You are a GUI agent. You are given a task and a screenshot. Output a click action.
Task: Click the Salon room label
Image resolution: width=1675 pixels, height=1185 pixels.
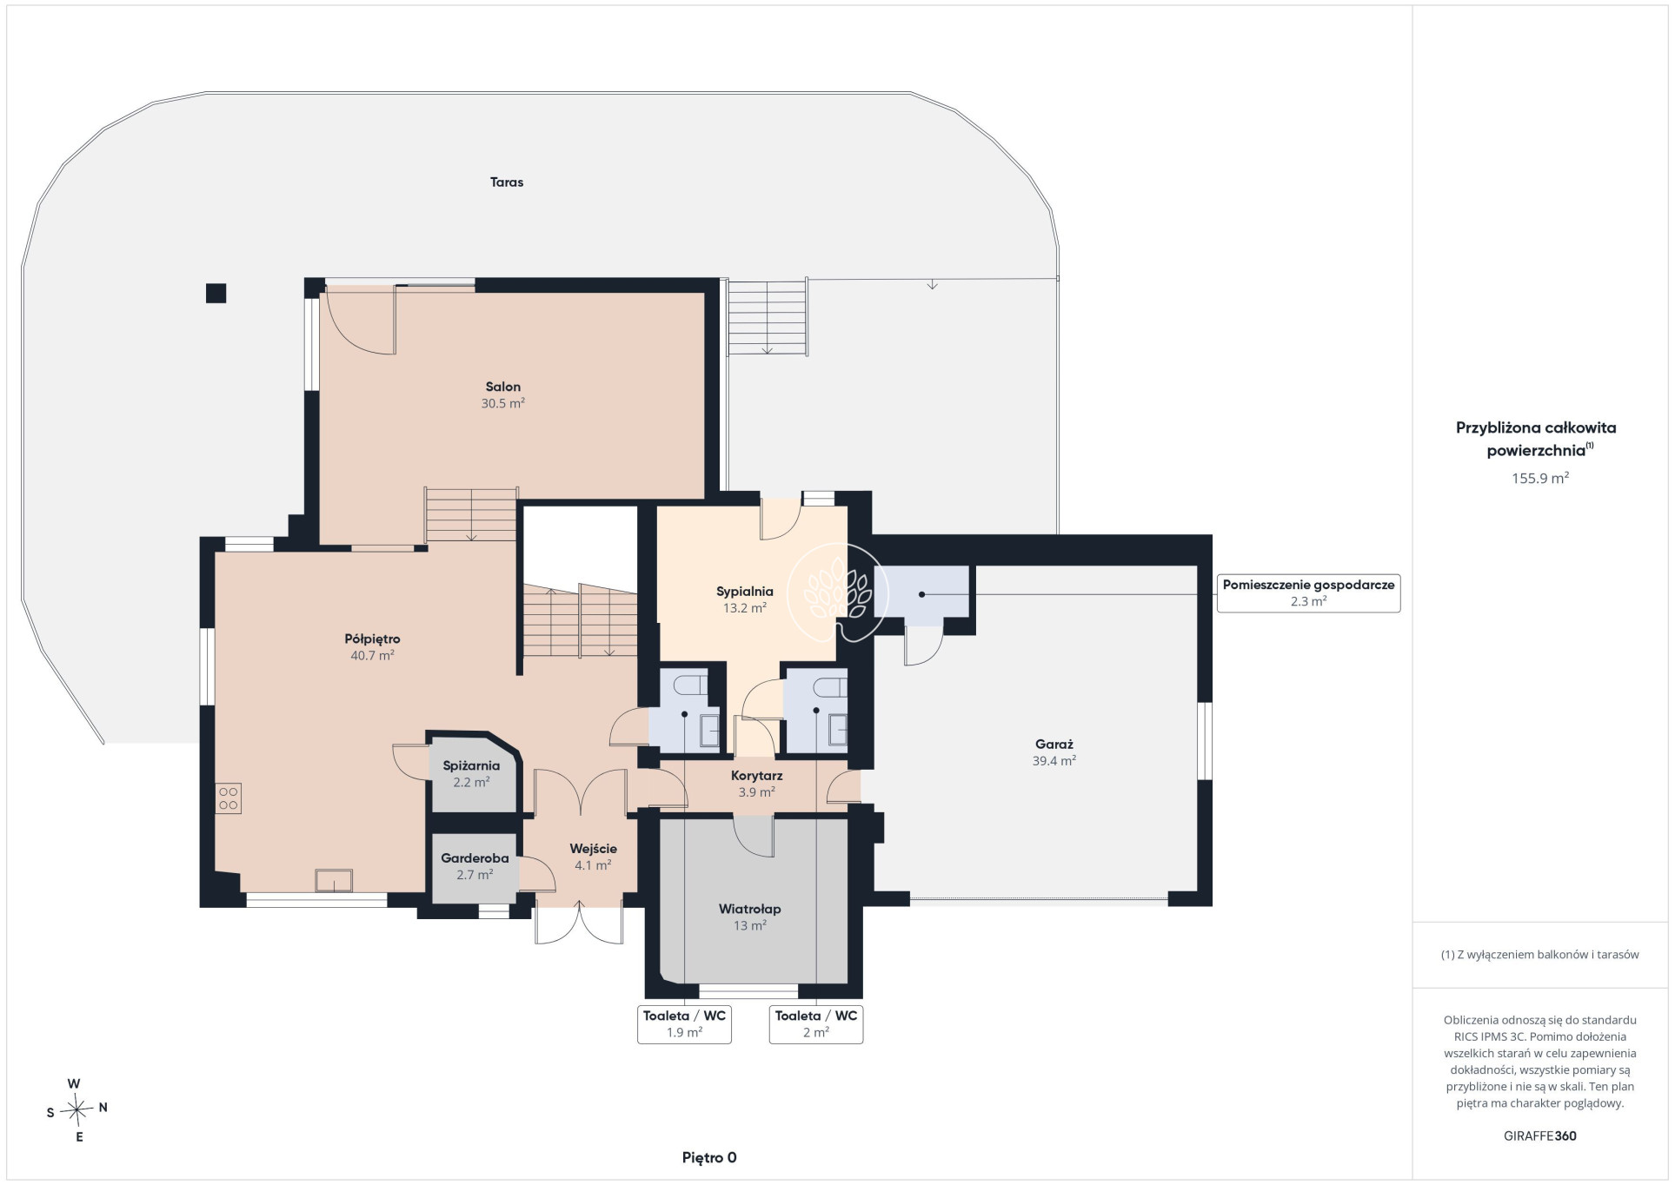pyautogui.click(x=503, y=387)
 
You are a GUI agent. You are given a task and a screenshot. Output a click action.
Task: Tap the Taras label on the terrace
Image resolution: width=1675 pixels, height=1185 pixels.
pyautogui.click(x=507, y=182)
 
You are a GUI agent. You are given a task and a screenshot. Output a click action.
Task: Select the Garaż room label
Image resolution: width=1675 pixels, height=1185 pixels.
pyautogui.click(x=1054, y=745)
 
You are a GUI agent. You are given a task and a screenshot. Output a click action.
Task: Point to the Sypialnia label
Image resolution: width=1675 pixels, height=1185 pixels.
pyautogui.click(x=745, y=592)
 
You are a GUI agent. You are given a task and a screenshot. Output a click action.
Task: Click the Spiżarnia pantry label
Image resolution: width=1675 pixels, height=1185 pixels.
pyautogui.click(x=471, y=766)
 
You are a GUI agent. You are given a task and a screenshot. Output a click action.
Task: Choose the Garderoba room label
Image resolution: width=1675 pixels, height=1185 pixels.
pyautogui.click(x=475, y=858)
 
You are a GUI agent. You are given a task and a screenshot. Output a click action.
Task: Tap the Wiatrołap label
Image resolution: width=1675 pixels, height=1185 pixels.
pyautogui.click(x=749, y=910)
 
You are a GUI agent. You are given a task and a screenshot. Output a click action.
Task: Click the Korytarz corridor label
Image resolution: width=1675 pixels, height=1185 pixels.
pyautogui.click(x=756, y=776)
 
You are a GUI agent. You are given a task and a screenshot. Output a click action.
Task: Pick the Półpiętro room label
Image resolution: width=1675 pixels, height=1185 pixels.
pyautogui.click(x=372, y=639)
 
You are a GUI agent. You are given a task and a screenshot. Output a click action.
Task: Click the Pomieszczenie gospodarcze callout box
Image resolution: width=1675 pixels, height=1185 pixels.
pyautogui.click(x=1308, y=593)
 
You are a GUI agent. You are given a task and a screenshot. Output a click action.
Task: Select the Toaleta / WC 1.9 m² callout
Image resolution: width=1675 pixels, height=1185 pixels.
pyautogui.click(x=684, y=1023)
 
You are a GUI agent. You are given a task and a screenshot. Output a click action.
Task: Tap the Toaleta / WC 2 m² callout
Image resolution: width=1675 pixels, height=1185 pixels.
pyautogui.click(x=815, y=1023)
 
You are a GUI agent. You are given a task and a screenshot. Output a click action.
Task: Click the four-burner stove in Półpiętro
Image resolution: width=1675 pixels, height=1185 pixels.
pyautogui.click(x=229, y=798)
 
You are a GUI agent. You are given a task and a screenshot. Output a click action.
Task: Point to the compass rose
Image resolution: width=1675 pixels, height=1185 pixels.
pyautogui.click(x=77, y=1109)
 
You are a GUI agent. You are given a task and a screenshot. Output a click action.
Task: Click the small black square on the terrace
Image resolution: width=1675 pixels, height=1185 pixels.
pyautogui.click(x=216, y=294)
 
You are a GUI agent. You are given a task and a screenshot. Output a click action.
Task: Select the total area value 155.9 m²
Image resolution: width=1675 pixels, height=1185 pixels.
pyautogui.click(x=1539, y=479)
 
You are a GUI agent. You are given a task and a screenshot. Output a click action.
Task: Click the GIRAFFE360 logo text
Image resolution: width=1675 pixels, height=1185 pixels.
pyautogui.click(x=1539, y=1136)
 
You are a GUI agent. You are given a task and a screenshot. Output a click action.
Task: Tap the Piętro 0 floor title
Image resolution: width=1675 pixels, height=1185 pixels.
pyautogui.click(x=709, y=1158)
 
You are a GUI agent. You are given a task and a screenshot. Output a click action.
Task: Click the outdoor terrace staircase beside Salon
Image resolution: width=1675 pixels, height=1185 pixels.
pyautogui.click(x=767, y=317)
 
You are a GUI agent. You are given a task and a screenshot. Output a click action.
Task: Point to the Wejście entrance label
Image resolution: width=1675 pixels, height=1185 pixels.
pyautogui.click(x=593, y=849)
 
